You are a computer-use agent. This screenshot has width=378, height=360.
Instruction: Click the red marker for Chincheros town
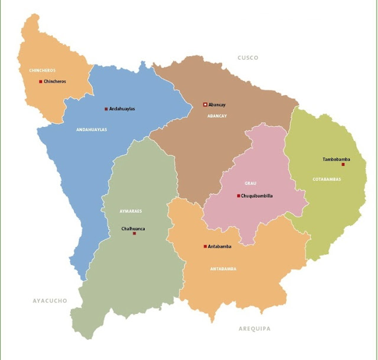coord(41,82)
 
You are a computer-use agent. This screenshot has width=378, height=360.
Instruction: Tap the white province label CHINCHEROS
coord(42,70)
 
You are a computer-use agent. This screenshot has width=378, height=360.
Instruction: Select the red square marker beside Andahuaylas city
coord(106,109)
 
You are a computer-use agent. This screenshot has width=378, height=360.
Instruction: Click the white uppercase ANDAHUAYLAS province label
coord(92,129)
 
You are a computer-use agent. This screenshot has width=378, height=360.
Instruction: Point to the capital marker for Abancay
coord(205,105)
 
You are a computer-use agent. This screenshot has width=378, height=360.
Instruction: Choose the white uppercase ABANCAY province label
coord(217,116)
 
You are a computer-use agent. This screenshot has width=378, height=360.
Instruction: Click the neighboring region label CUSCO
coord(248,58)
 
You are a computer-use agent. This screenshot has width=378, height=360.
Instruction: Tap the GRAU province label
coord(250,183)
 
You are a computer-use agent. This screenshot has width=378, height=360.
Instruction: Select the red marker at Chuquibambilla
coord(239,196)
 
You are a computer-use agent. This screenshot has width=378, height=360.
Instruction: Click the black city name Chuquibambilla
coord(258,196)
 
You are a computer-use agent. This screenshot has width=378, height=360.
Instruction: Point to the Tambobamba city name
coord(336,159)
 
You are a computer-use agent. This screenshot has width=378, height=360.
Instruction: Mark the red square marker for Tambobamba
coord(343,164)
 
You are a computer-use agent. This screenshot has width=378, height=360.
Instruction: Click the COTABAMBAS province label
coord(327,179)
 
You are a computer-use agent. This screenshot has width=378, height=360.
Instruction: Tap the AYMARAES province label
coord(131,211)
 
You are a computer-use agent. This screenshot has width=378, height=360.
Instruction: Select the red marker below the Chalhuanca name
coord(135,233)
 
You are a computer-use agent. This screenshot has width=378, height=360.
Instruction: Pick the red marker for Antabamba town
coord(205,247)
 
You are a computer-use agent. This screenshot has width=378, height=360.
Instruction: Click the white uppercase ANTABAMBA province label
coord(223,268)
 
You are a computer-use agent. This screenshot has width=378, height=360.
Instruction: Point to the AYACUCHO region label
coord(50,301)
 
